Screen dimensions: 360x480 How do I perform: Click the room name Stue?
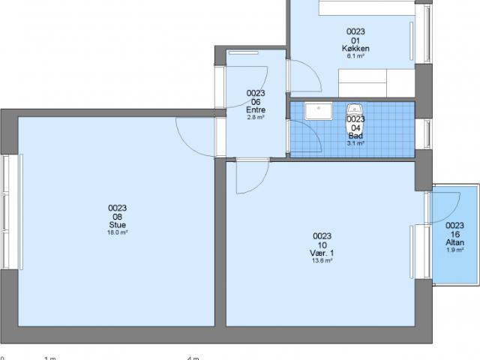tap(117, 224)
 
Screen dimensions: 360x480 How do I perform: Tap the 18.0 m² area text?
tap(117, 232)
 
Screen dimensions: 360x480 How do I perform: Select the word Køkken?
tap(355, 48)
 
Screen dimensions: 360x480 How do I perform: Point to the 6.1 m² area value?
tap(355, 56)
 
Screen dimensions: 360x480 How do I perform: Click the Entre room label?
tap(256, 110)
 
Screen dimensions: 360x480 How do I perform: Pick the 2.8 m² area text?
tap(256, 118)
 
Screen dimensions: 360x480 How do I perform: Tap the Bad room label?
tap(355, 135)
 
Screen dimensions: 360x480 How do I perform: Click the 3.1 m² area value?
tap(355, 143)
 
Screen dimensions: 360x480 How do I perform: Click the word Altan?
tap(454, 242)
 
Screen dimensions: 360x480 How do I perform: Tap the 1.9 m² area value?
tap(454, 250)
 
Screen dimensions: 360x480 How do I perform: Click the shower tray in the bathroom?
tap(319, 110)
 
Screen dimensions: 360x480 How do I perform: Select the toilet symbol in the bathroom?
tap(354, 109)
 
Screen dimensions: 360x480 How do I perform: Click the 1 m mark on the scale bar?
tap(50, 358)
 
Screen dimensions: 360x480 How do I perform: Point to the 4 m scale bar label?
tap(193, 358)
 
